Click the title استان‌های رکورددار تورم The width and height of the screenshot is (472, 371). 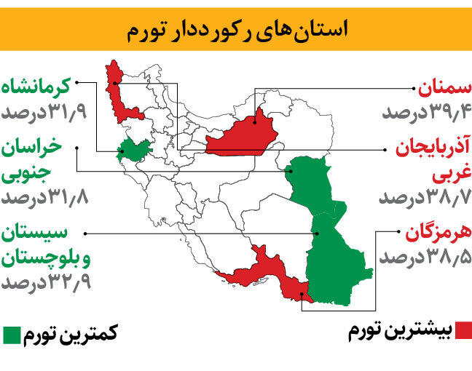[236, 30]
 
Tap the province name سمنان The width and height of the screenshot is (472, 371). [444, 89]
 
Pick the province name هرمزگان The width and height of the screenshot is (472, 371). [437, 234]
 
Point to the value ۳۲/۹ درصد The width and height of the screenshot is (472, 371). [45, 282]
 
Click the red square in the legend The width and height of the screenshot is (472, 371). [463, 332]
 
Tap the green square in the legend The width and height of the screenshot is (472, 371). [12, 335]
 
